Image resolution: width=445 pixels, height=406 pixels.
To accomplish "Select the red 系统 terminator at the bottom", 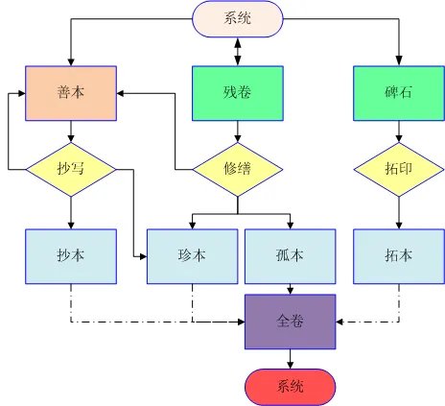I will pos(291,387).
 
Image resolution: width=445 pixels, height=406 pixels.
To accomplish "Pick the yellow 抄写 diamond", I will pos(71,169).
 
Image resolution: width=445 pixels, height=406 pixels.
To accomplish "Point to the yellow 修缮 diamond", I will pos(237,169).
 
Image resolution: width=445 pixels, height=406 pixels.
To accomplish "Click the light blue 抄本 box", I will pos(71,255).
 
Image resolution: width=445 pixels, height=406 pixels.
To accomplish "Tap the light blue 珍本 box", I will pos(191,255).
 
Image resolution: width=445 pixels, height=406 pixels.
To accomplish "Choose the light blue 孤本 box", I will pos(291,255).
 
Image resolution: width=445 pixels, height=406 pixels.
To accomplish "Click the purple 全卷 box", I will pos(291,321).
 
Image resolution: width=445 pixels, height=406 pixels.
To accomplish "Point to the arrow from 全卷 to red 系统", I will pos(291,357).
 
